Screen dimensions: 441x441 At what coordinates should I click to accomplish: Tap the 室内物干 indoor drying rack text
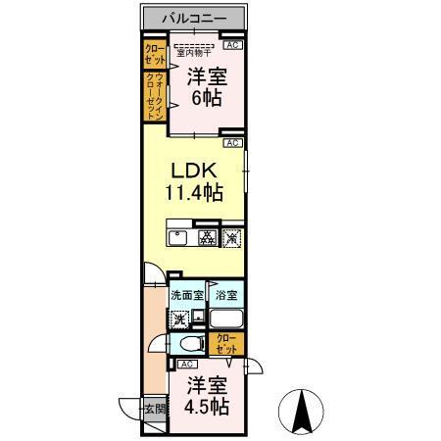[193, 52]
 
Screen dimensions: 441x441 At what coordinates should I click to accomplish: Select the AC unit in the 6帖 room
[232, 45]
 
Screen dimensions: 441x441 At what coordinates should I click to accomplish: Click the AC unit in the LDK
[232, 143]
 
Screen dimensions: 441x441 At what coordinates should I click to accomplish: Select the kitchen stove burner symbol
[207, 236]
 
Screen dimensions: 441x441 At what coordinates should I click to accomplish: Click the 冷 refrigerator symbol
[231, 236]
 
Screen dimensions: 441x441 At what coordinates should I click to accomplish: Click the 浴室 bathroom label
[226, 295]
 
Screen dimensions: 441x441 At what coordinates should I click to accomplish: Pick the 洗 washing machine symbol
[179, 318]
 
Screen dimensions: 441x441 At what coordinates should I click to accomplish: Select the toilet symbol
[190, 343]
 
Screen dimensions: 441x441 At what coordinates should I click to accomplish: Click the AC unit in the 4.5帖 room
[186, 364]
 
